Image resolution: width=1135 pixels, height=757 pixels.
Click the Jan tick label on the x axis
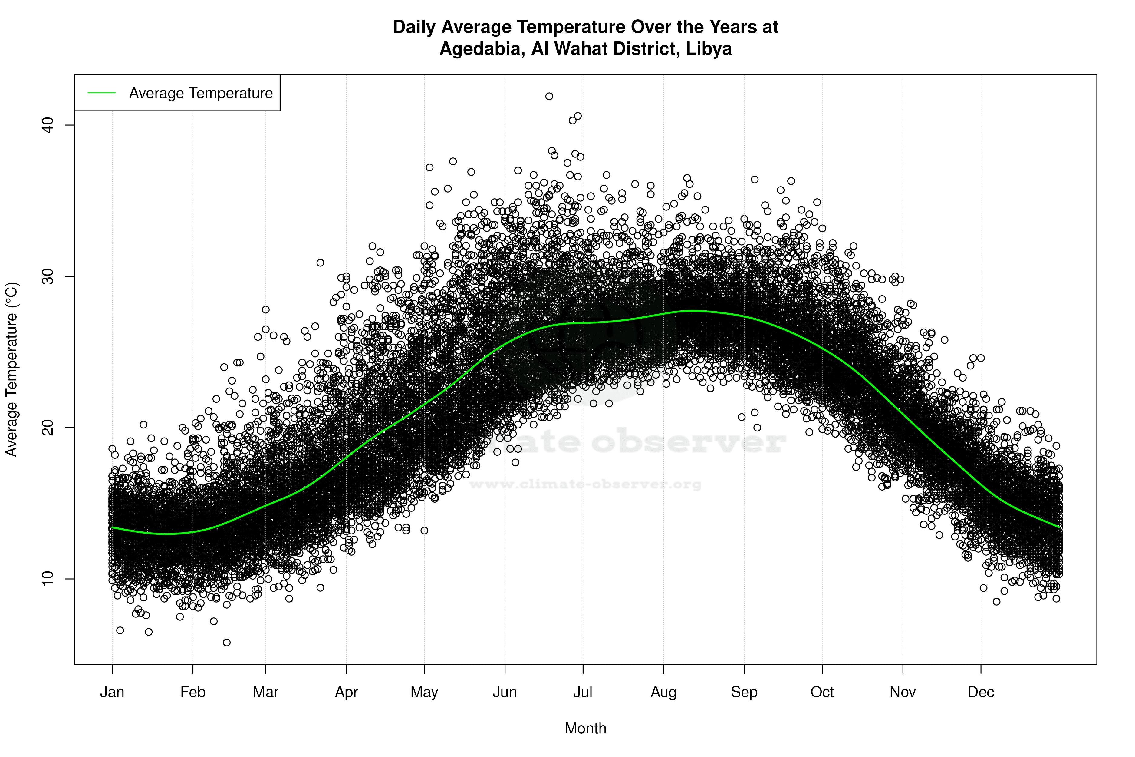point(112,692)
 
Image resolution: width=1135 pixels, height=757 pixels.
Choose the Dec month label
point(981,692)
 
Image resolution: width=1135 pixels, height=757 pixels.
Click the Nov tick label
point(903,692)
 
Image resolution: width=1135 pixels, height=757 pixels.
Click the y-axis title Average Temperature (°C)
point(12,369)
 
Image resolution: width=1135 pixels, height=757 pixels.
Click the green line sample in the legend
point(102,93)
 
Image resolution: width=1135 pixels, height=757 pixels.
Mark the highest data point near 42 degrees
point(549,96)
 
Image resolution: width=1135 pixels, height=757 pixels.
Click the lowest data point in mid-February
point(227,642)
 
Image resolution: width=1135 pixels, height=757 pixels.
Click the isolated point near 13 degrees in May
point(424,530)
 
